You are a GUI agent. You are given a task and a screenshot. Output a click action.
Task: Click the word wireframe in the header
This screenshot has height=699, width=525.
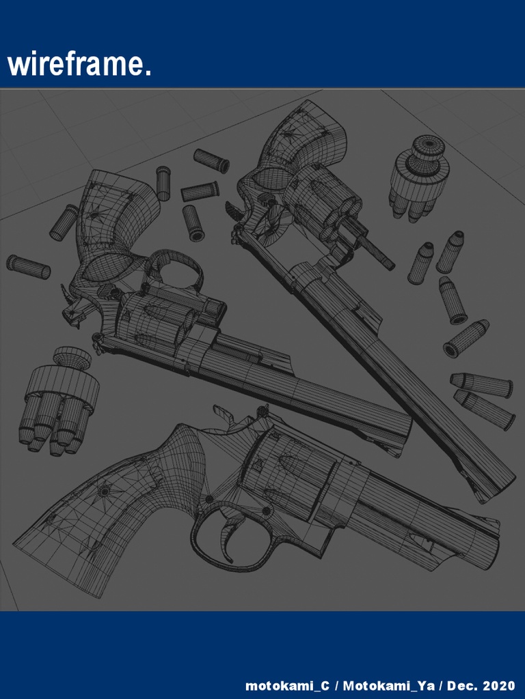pos(79,66)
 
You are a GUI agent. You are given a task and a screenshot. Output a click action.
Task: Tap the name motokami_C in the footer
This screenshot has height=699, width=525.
pos(287,685)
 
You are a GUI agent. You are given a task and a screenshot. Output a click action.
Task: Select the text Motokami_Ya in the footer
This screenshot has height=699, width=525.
pos(388,685)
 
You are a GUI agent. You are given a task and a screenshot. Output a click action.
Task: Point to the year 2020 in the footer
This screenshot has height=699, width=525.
pos(499,685)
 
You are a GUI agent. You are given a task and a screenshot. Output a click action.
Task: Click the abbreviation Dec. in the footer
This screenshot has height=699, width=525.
pos(462,685)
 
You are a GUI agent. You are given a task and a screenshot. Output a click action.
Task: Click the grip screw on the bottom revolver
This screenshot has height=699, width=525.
pos(104,491)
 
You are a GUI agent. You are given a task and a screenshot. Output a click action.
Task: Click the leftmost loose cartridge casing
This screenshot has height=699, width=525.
pos(28,266)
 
